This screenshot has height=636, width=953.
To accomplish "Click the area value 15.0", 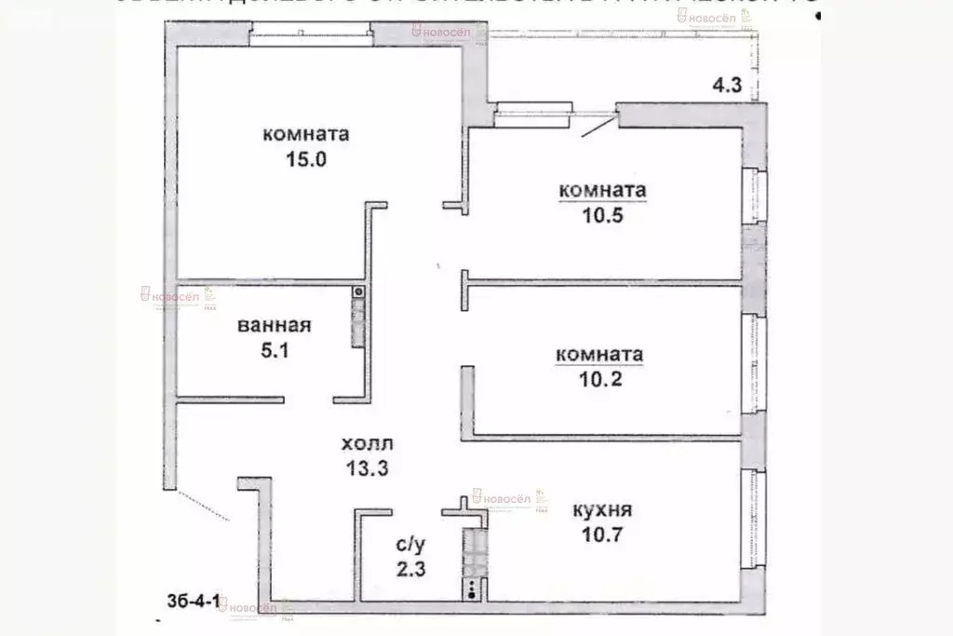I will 306,158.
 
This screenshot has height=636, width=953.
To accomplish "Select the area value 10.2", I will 598,379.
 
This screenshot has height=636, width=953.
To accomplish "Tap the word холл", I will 367,444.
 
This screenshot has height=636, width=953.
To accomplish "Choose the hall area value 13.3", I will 366,468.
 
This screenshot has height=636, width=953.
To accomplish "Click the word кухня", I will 602,510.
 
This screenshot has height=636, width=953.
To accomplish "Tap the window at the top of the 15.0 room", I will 312,39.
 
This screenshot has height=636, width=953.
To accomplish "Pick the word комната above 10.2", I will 598,355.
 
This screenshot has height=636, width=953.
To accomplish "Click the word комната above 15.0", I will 306,134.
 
